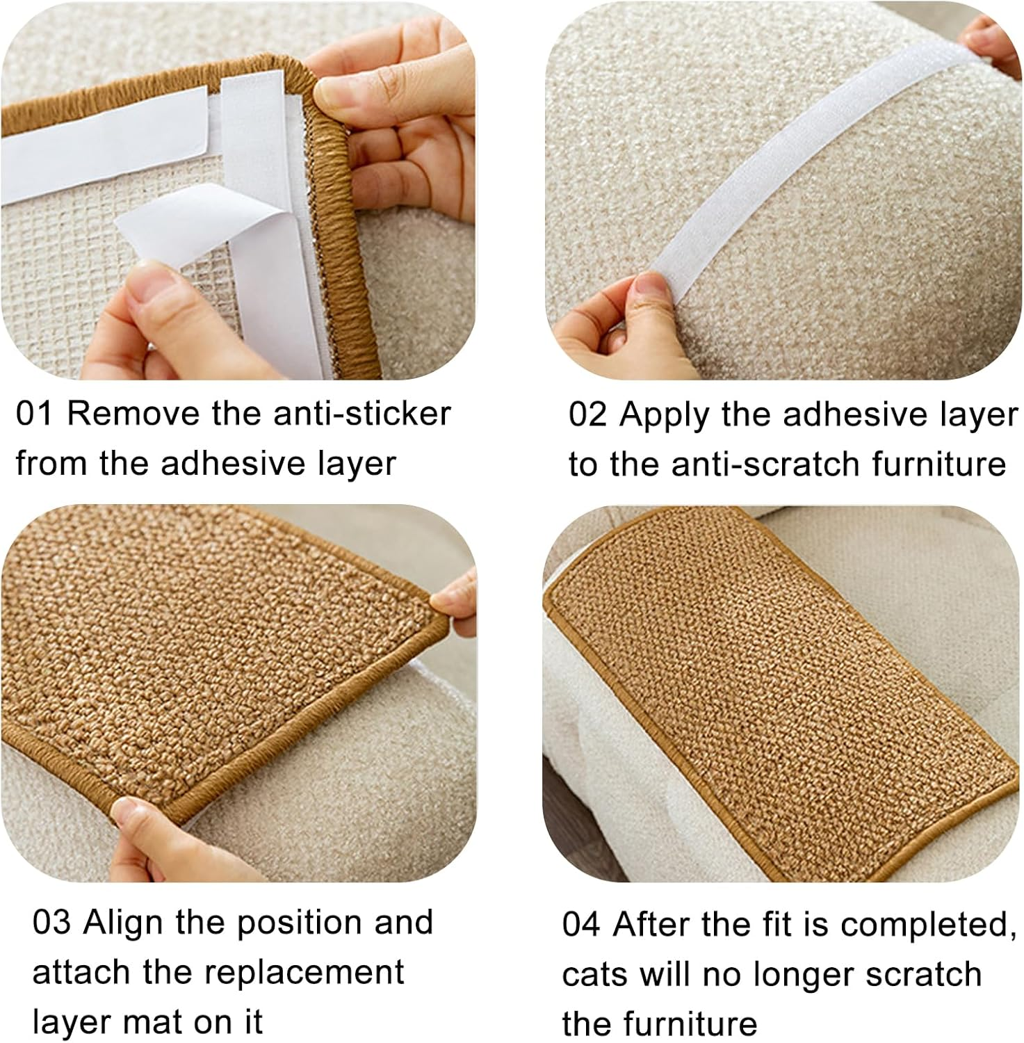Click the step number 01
point(33,414)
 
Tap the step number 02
point(587,414)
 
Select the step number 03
point(51,923)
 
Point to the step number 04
point(580,925)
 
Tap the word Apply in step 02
point(665,415)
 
